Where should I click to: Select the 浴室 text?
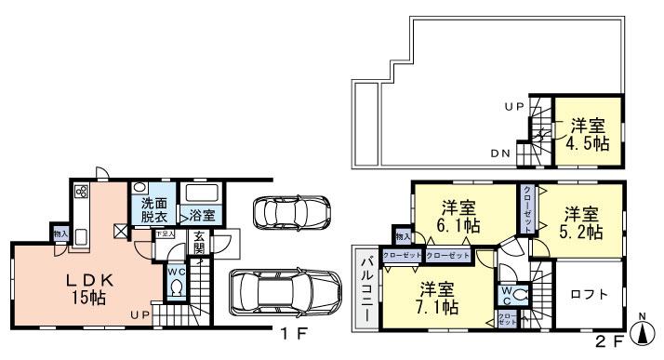point(204,215)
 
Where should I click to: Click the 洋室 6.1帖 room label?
point(460,217)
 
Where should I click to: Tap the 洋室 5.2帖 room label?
point(579,222)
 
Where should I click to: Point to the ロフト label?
point(590,294)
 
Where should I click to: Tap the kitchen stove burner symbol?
point(80,193)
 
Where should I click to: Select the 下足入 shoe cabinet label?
point(164,233)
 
